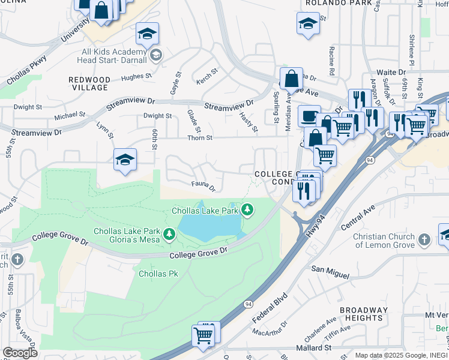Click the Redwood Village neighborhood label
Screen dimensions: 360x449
[x=89, y=83]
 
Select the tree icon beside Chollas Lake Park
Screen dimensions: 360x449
[x=247, y=210]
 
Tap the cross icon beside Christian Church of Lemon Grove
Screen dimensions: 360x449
[x=424, y=241]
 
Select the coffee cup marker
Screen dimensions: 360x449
[x=309, y=115]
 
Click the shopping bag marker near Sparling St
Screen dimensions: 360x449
[x=291, y=79]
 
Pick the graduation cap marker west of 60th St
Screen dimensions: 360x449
[x=125, y=160]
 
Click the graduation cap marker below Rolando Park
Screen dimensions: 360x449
[x=308, y=24]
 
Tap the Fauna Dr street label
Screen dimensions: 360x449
[x=203, y=186]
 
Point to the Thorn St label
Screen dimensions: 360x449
[x=201, y=138]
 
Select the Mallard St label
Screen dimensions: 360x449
[x=312, y=347]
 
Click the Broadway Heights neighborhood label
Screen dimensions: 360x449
[x=362, y=314]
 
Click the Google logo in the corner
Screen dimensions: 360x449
[x=20, y=353]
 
